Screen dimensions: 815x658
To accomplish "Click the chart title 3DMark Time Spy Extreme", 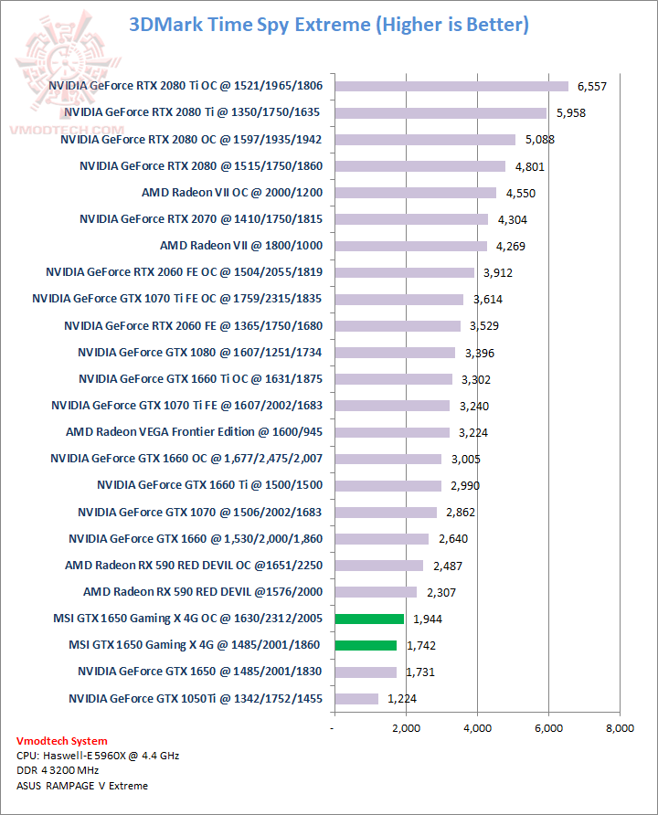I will (x=328, y=25).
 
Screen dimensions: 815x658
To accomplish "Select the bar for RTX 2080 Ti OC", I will (x=451, y=86).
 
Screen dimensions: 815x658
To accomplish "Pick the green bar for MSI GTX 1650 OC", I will (x=369, y=619).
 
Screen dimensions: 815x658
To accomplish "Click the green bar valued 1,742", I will (x=366, y=645).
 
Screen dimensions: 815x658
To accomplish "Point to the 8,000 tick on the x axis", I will (x=620, y=728).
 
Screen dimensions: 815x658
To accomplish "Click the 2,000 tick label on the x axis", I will (x=406, y=728).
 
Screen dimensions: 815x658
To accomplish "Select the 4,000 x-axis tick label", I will (x=477, y=728).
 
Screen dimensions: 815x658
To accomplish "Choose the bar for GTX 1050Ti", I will (x=356, y=699).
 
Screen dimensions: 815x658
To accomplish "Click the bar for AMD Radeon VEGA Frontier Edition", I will (x=392, y=432).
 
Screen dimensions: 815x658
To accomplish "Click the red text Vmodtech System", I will (x=62, y=741).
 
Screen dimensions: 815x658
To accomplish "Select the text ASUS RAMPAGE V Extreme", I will (x=81, y=786).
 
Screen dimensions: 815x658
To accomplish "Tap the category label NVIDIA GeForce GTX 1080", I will (x=199, y=353).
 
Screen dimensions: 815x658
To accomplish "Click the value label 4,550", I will (x=517, y=193).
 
